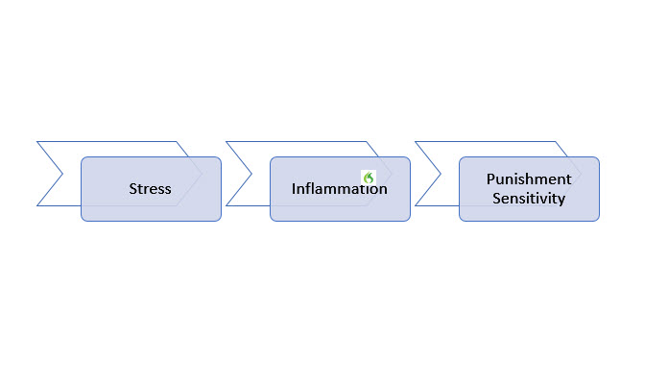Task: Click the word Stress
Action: (x=151, y=188)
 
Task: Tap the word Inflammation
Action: (x=340, y=189)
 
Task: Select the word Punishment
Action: (x=529, y=179)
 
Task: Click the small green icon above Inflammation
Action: (x=368, y=178)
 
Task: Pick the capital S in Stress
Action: (x=133, y=188)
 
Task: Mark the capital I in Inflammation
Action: (x=295, y=189)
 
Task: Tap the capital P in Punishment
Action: (x=490, y=179)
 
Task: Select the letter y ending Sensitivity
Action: (x=561, y=201)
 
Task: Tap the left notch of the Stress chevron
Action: (x=62, y=174)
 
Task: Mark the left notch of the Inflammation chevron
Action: (x=251, y=174)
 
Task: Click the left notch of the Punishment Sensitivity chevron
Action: (x=441, y=174)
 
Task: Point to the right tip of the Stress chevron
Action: (x=203, y=174)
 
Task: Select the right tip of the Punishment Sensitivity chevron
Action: (x=581, y=174)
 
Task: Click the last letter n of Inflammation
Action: (x=383, y=189)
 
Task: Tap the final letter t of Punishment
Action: (x=568, y=179)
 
